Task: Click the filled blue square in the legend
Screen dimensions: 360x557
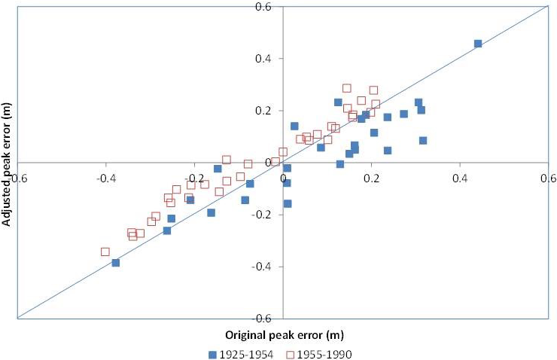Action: coord(215,352)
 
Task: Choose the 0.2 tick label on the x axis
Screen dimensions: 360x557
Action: coord(371,178)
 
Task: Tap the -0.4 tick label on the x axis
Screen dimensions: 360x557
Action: coord(105,178)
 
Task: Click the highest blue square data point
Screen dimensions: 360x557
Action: coord(477,44)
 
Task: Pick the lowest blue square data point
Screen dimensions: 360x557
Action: coord(115,263)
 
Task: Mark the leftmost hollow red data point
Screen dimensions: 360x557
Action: coord(105,252)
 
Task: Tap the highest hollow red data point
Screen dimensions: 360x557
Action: coord(346,88)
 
